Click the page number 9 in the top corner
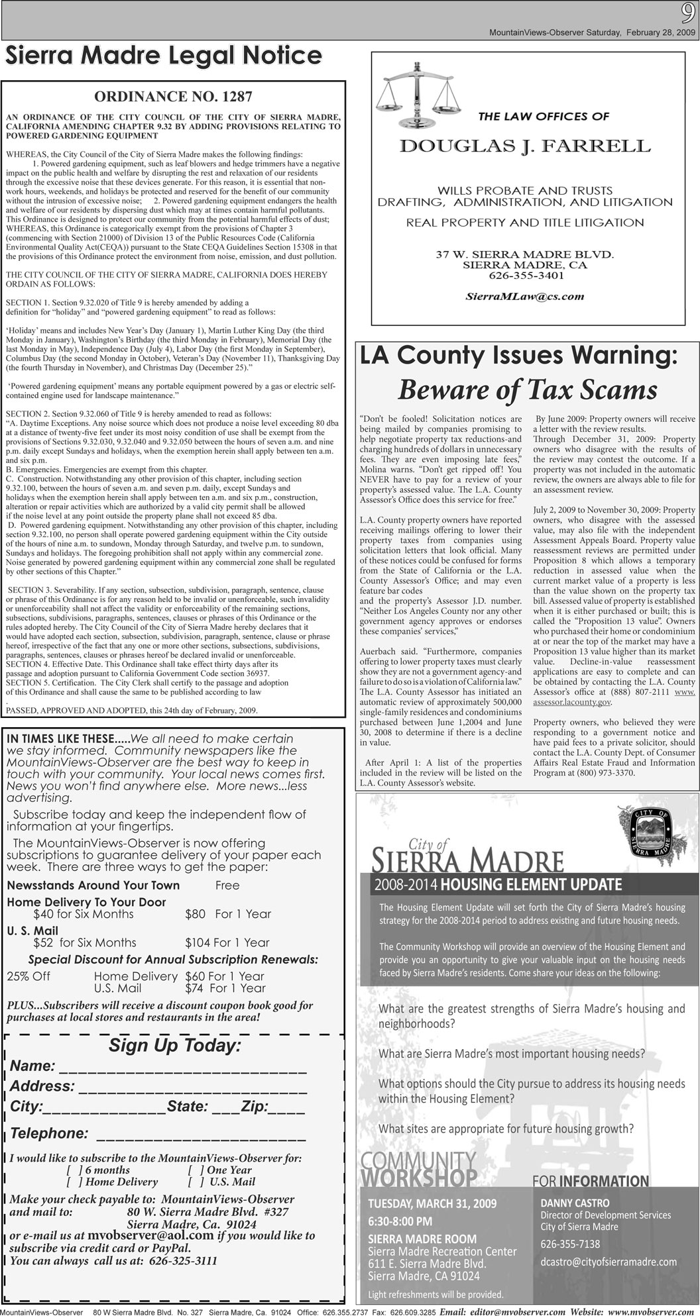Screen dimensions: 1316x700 pyautogui.click(x=687, y=13)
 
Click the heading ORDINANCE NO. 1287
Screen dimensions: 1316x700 pyautogui.click(x=173, y=97)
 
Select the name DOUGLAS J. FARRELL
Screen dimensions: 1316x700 pyautogui.click(x=524, y=146)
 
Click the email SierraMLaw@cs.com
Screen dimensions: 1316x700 pyautogui.click(x=524, y=296)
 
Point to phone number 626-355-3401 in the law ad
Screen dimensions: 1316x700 pyautogui.click(x=526, y=275)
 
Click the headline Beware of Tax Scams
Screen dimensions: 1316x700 pyautogui.click(x=527, y=391)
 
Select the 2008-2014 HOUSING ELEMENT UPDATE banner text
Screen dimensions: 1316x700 pyautogui.click(x=498, y=884)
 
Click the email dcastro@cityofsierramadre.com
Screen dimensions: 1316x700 pyautogui.click(x=608, y=1262)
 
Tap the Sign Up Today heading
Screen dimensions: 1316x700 pyautogui.click(x=174, y=1046)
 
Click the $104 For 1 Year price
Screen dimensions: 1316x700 pyautogui.click(x=227, y=942)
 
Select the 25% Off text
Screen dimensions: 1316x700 pyautogui.click(x=29, y=976)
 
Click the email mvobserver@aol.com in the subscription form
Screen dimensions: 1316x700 pyautogui.click(x=150, y=1235)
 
